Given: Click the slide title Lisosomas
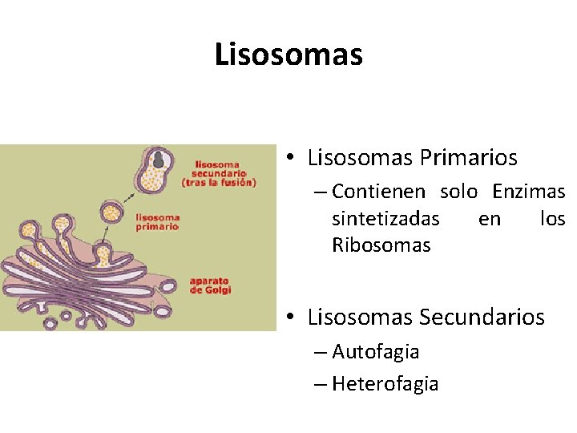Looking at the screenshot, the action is pyautogui.click(x=288, y=55).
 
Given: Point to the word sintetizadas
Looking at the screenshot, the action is pyautogui.click(x=385, y=219).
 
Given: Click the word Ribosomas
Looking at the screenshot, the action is pyautogui.click(x=381, y=245).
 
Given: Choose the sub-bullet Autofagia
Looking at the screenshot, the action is pyautogui.click(x=375, y=352).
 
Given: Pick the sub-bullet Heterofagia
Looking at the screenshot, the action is pyautogui.click(x=385, y=384).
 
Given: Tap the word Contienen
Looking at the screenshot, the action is pyautogui.click(x=381, y=192).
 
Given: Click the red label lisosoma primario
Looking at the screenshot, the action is pyautogui.click(x=158, y=221).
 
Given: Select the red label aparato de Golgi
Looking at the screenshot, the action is pyautogui.click(x=211, y=285).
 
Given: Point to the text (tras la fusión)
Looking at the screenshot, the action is pyautogui.click(x=219, y=182).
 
